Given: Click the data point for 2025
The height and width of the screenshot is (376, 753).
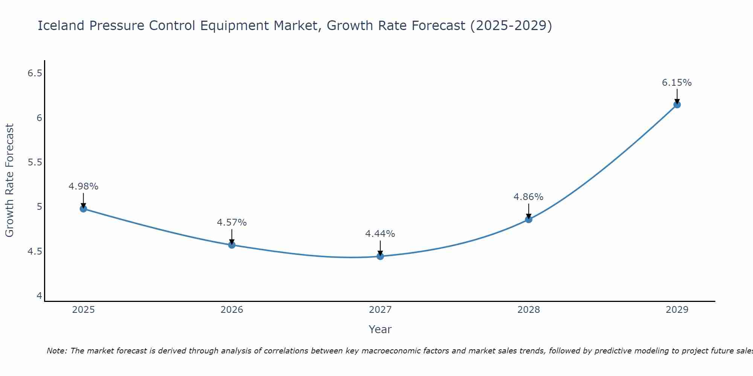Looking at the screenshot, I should click(84, 209).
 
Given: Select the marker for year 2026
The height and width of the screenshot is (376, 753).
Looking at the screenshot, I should click(232, 245).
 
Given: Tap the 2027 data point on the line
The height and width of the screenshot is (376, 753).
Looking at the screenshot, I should click(380, 256).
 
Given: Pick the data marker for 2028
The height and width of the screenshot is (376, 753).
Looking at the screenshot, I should click(529, 219).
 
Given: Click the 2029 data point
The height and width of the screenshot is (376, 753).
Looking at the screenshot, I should click(677, 105).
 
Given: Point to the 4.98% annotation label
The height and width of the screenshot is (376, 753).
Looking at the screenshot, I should click(84, 186).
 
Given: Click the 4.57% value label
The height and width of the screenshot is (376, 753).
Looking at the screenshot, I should click(232, 223).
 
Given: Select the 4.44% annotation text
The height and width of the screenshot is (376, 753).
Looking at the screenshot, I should click(380, 234).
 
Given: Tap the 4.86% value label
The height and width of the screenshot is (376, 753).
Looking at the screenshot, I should click(529, 197).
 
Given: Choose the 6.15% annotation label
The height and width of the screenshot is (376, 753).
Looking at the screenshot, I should click(677, 83).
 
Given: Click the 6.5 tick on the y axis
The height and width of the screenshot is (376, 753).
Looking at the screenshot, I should click(35, 73).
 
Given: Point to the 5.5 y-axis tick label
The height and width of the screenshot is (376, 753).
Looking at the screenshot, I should click(35, 162).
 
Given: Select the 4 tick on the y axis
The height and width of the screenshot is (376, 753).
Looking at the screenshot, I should click(39, 296).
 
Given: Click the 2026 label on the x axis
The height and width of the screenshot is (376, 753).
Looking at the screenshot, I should click(232, 310).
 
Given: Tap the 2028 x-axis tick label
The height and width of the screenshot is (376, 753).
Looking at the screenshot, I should click(529, 310).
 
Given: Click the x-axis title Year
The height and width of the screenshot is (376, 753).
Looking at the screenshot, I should click(380, 329).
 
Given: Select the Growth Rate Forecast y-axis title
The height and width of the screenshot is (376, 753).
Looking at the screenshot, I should click(10, 180).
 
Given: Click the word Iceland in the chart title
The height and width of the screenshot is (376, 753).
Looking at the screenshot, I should click(61, 26).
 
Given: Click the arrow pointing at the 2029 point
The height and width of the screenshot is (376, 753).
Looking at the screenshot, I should click(677, 97).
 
